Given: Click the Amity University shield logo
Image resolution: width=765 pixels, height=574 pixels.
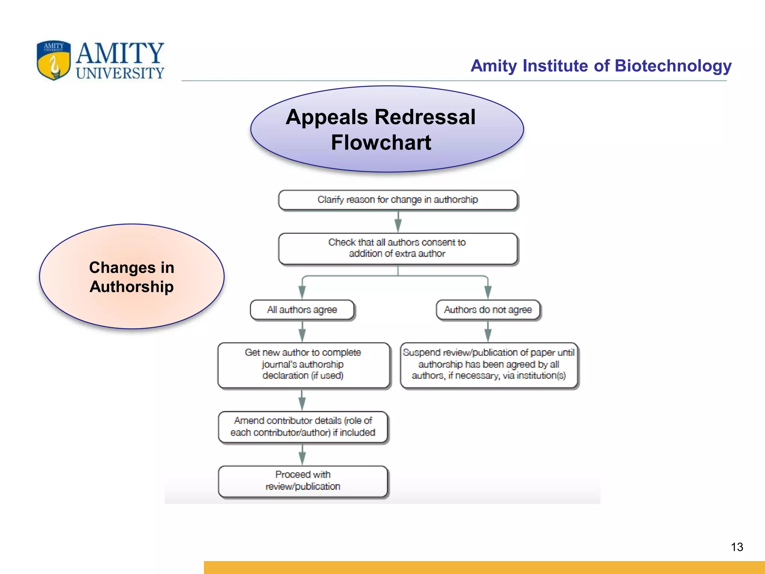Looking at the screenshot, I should (54, 61).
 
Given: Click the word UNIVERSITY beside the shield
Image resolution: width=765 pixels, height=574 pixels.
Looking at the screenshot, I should (120, 73).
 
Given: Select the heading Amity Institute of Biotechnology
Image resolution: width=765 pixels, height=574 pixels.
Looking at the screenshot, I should (601, 66).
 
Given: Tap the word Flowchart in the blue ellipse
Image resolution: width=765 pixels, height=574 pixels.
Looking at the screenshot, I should (381, 143).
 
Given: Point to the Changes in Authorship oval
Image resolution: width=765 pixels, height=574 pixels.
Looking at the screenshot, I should (131, 277).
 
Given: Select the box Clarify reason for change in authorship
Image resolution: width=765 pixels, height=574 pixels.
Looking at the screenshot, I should (398, 200).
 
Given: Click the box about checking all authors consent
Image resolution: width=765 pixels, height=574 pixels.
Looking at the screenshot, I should (398, 249).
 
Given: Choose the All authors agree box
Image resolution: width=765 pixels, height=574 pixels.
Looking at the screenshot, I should (302, 310).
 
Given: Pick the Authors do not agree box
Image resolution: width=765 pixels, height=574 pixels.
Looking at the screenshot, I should (488, 310).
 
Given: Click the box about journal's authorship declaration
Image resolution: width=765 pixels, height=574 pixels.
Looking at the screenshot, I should (303, 364).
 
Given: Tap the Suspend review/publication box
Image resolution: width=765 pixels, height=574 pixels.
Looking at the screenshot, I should (489, 364).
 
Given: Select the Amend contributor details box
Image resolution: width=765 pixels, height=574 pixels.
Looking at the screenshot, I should (303, 427).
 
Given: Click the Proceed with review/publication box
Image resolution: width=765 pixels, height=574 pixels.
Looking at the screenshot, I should (303, 481).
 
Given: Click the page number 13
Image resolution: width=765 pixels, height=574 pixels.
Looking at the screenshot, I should (737, 547).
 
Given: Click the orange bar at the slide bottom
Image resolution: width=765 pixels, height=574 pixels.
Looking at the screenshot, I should (484, 567).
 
